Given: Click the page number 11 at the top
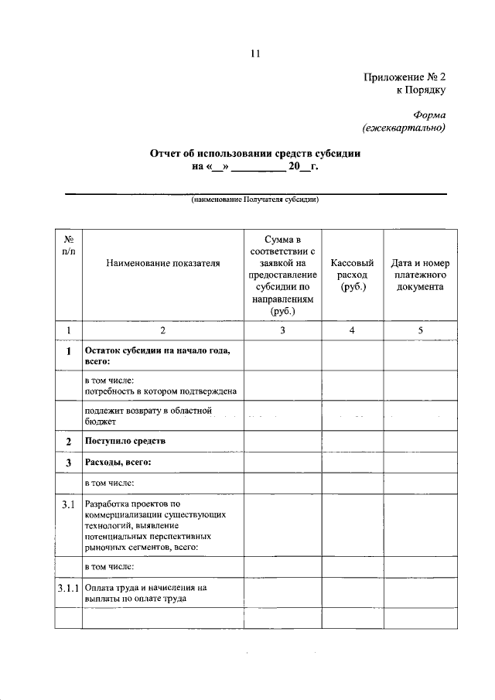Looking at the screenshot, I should pyautogui.click(x=255, y=53).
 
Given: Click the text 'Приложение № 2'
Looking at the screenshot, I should pyautogui.click(x=405, y=76).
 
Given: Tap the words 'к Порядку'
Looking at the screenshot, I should pyautogui.click(x=421, y=90).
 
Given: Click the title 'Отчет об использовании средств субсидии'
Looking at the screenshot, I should pyautogui.click(x=255, y=153).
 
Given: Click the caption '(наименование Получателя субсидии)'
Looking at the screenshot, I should pyautogui.click(x=255, y=200).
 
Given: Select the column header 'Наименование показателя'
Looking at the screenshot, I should pyautogui.click(x=163, y=263).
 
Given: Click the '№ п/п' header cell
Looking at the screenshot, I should pyautogui.click(x=68, y=246).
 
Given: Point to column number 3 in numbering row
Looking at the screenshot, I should pyautogui.click(x=282, y=331).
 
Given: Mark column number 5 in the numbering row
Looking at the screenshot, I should pyautogui.click(x=420, y=331).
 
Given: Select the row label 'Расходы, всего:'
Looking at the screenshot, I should pyautogui.click(x=118, y=463).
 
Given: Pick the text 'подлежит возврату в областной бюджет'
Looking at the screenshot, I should pyautogui.click(x=148, y=416).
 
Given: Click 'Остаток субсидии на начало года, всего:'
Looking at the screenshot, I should pyautogui.click(x=157, y=356).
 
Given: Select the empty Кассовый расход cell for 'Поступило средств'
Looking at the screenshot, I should pyautogui.click(x=352, y=441).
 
